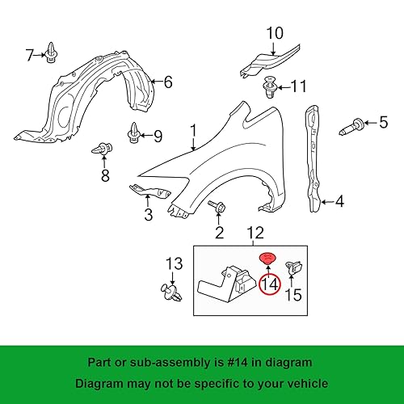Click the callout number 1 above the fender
coord(193,130)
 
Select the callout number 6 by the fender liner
coord(168,82)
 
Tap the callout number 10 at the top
coord(274,33)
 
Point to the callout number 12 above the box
coord(255,234)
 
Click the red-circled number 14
coord(269,284)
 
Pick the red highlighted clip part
coord(266,258)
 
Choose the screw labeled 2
coord(217,208)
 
